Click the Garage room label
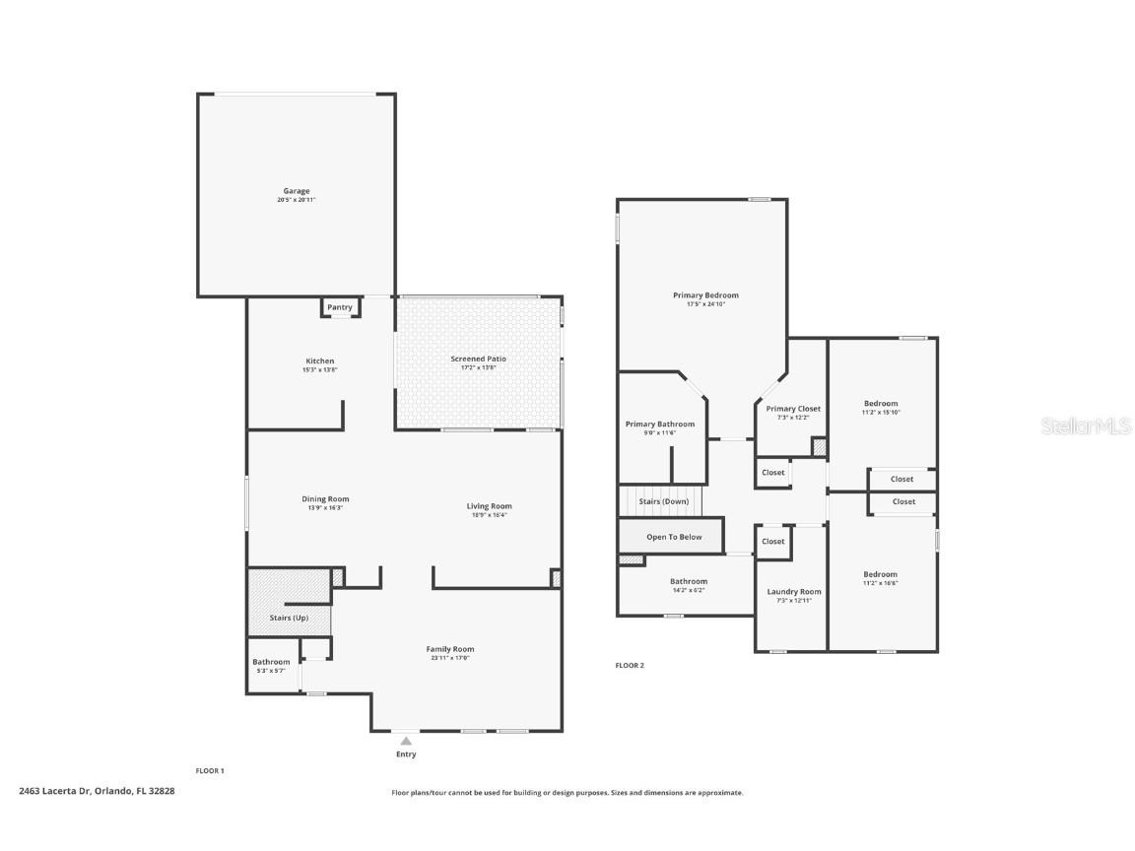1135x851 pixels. tap(297, 191)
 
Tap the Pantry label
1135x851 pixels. tap(340, 307)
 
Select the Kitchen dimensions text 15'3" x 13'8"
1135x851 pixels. tap(320, 370)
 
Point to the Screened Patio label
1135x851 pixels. tap(478, 359)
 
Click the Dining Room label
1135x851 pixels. tap(325, 499)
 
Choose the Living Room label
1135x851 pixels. tap(489, 506)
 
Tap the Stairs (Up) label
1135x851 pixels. tap(289, 618)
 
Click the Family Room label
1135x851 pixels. tap(450, 649)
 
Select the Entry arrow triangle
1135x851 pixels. tap(406, 741)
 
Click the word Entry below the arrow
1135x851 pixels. tap(406, 754)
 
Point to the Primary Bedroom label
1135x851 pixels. tap(705, 295)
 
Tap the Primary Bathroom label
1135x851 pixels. tap(660, 425)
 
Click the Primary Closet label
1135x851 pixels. tap(793, 409)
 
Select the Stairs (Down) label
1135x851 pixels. tap(664, 501)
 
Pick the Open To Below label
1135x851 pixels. tap(674, 537)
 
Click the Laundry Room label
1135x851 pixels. tap(793, 592)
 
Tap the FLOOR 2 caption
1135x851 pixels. tap(630, 666)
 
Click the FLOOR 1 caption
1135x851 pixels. tap(210, 771)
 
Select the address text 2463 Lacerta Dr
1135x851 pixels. tap(55, 791)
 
